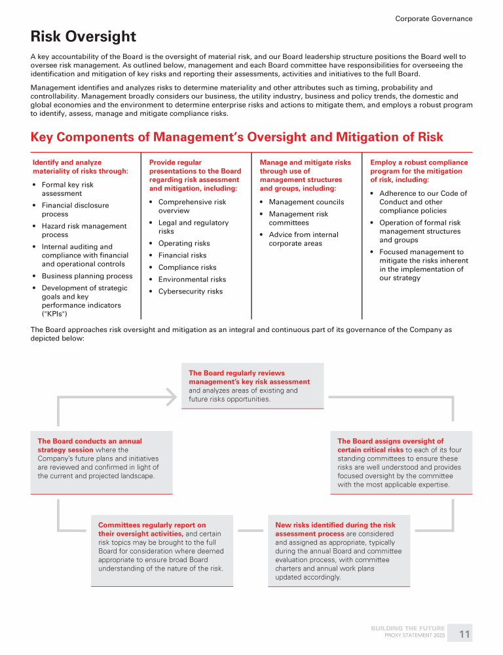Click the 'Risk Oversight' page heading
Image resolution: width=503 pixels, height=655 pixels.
pyautogui.click(x=83, y=37)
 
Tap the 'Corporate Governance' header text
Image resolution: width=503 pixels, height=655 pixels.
pyautogui.click(x=433, y=19)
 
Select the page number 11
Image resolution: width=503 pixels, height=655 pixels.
pyautogui.click(x=464, y=634)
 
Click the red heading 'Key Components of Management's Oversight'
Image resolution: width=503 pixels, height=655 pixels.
pyautogui.click(x=236, y=137)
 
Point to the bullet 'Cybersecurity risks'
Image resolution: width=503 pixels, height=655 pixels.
pyautogui.click(x=190, y=291)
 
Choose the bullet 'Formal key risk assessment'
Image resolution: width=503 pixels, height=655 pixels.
pyautogui.click(x=67, y=189)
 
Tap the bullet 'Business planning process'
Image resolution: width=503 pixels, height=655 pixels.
pyautogui.click(x=86, y=276)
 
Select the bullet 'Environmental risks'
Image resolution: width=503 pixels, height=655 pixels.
pyautogui.click(x=192, y=280)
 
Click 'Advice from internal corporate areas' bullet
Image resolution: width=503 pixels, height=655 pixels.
pyautogui.click(x=303, y=239)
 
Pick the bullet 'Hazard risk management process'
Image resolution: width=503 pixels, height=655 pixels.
pyautogui.click(x=84, y=231)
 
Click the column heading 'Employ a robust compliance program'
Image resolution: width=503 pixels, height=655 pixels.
pyautogui.click(x=419, y=171)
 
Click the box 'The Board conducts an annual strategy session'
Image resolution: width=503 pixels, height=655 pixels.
pyautogui.click(x=102, y=462)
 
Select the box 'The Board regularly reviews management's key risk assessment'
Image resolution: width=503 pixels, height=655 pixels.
pyautogui.click(x=252, y=386)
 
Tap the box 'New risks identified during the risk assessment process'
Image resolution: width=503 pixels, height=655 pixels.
pyautogui.click(x=339, y=551)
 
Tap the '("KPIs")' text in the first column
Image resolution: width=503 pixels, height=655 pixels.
pyautogui.click(x=57, y=314)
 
